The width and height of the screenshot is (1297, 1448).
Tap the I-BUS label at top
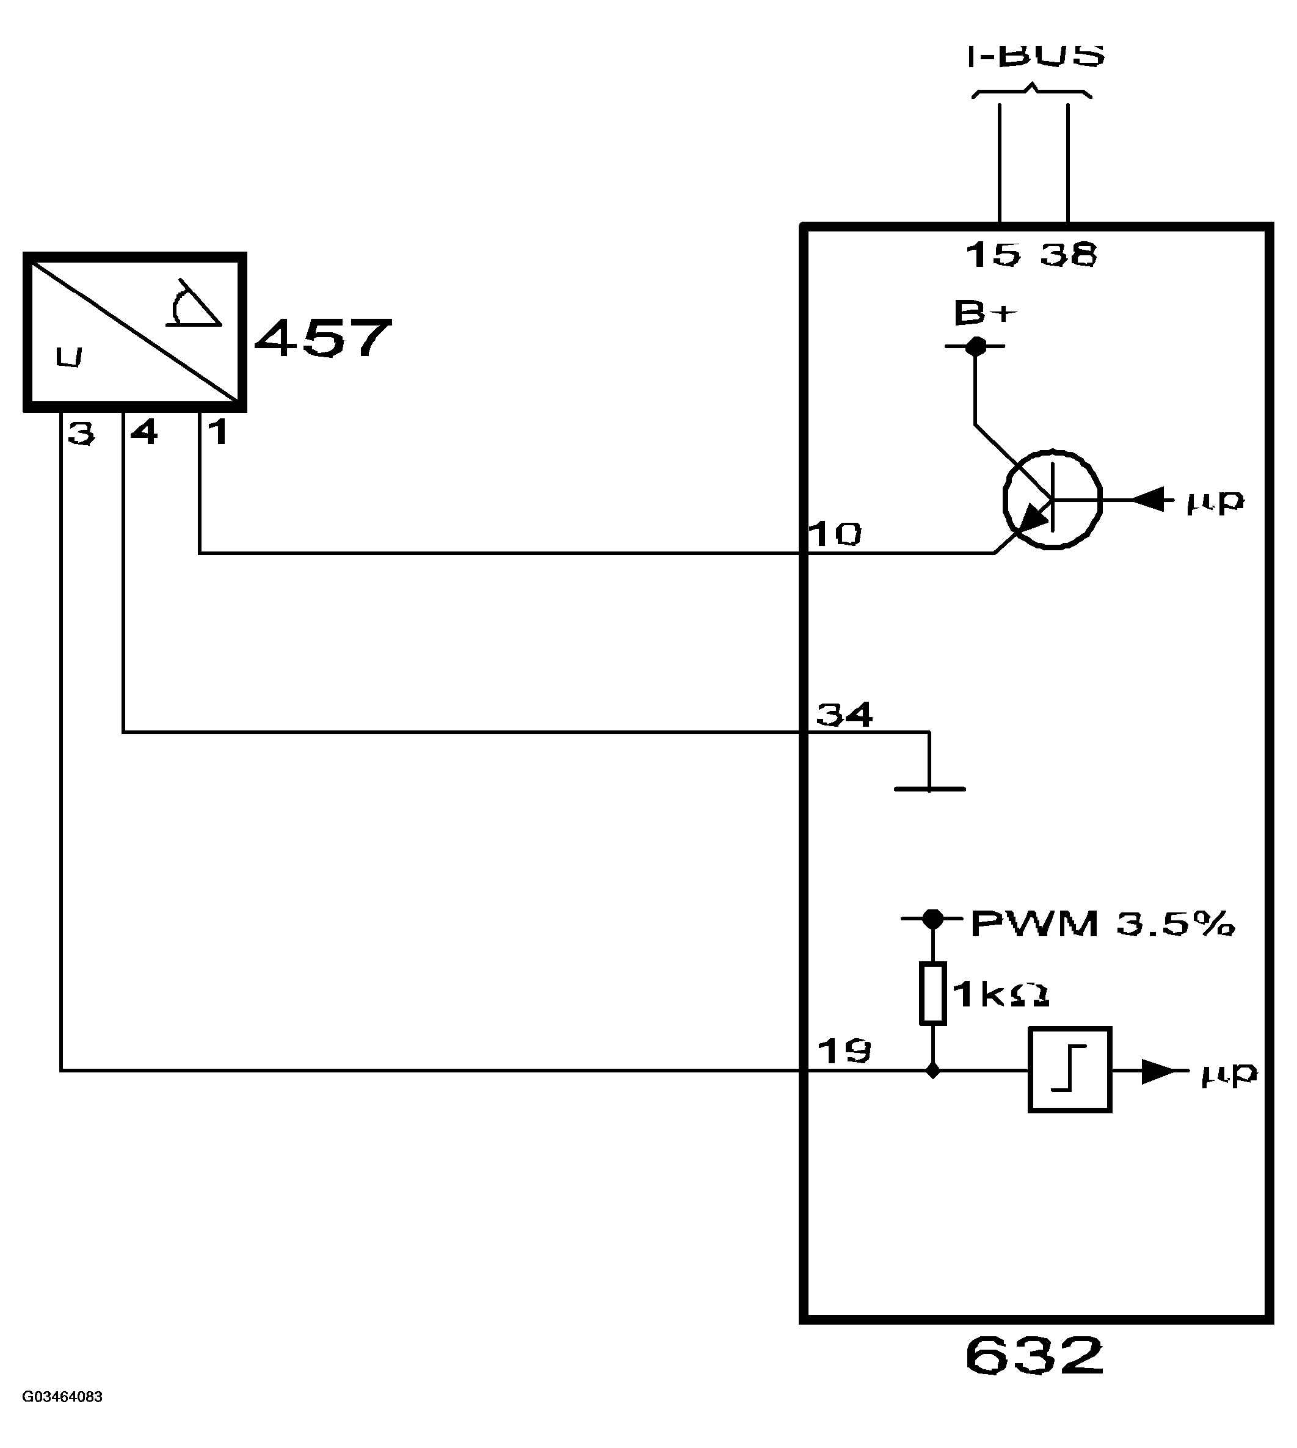tap(1036, 56)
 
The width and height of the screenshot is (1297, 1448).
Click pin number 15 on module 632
tap(994, 255)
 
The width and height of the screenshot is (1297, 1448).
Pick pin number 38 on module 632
tap(1068, 255)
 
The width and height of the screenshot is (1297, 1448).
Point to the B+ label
tap(986, 313)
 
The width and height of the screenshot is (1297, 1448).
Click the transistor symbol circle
tap(1053, 500)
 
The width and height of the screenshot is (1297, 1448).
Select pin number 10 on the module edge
tap(835, 534)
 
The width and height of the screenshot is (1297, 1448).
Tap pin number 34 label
tap(845, 714)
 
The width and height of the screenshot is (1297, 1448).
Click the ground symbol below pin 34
tap(929, 788)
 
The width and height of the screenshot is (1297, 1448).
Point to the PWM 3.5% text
tap(1102, 923)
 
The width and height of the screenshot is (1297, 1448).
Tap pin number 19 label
tap(845, 1051)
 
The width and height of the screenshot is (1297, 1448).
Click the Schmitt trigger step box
tap(1070, 1069)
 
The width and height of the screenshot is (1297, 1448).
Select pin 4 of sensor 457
tap(144, 432)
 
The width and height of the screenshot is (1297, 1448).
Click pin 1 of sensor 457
tap(217, 432)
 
